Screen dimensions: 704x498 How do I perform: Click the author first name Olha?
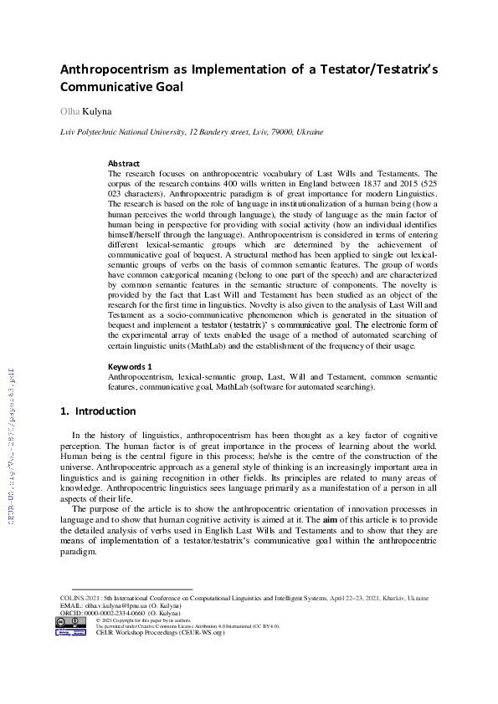(x=69, y=111)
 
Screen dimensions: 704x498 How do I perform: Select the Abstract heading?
(x=124, y=164)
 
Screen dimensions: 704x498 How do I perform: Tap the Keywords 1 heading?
(x=130, y=366)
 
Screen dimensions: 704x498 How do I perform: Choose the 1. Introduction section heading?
(x=98, y=411)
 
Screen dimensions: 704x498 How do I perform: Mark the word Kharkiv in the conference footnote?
(x=393, y=599)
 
